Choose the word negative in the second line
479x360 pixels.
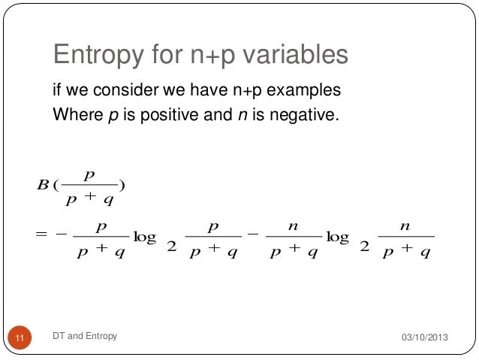[306, 116]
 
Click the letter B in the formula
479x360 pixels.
[41, 186]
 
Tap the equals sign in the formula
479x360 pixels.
[41, 237]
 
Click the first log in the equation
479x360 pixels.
[144, 237]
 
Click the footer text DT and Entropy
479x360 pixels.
[85, 336]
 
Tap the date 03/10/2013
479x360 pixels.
[423, 337]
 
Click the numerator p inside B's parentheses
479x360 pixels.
[89, 175]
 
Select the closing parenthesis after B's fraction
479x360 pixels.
[121, 186]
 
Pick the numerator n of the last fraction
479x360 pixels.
[405, 225]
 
